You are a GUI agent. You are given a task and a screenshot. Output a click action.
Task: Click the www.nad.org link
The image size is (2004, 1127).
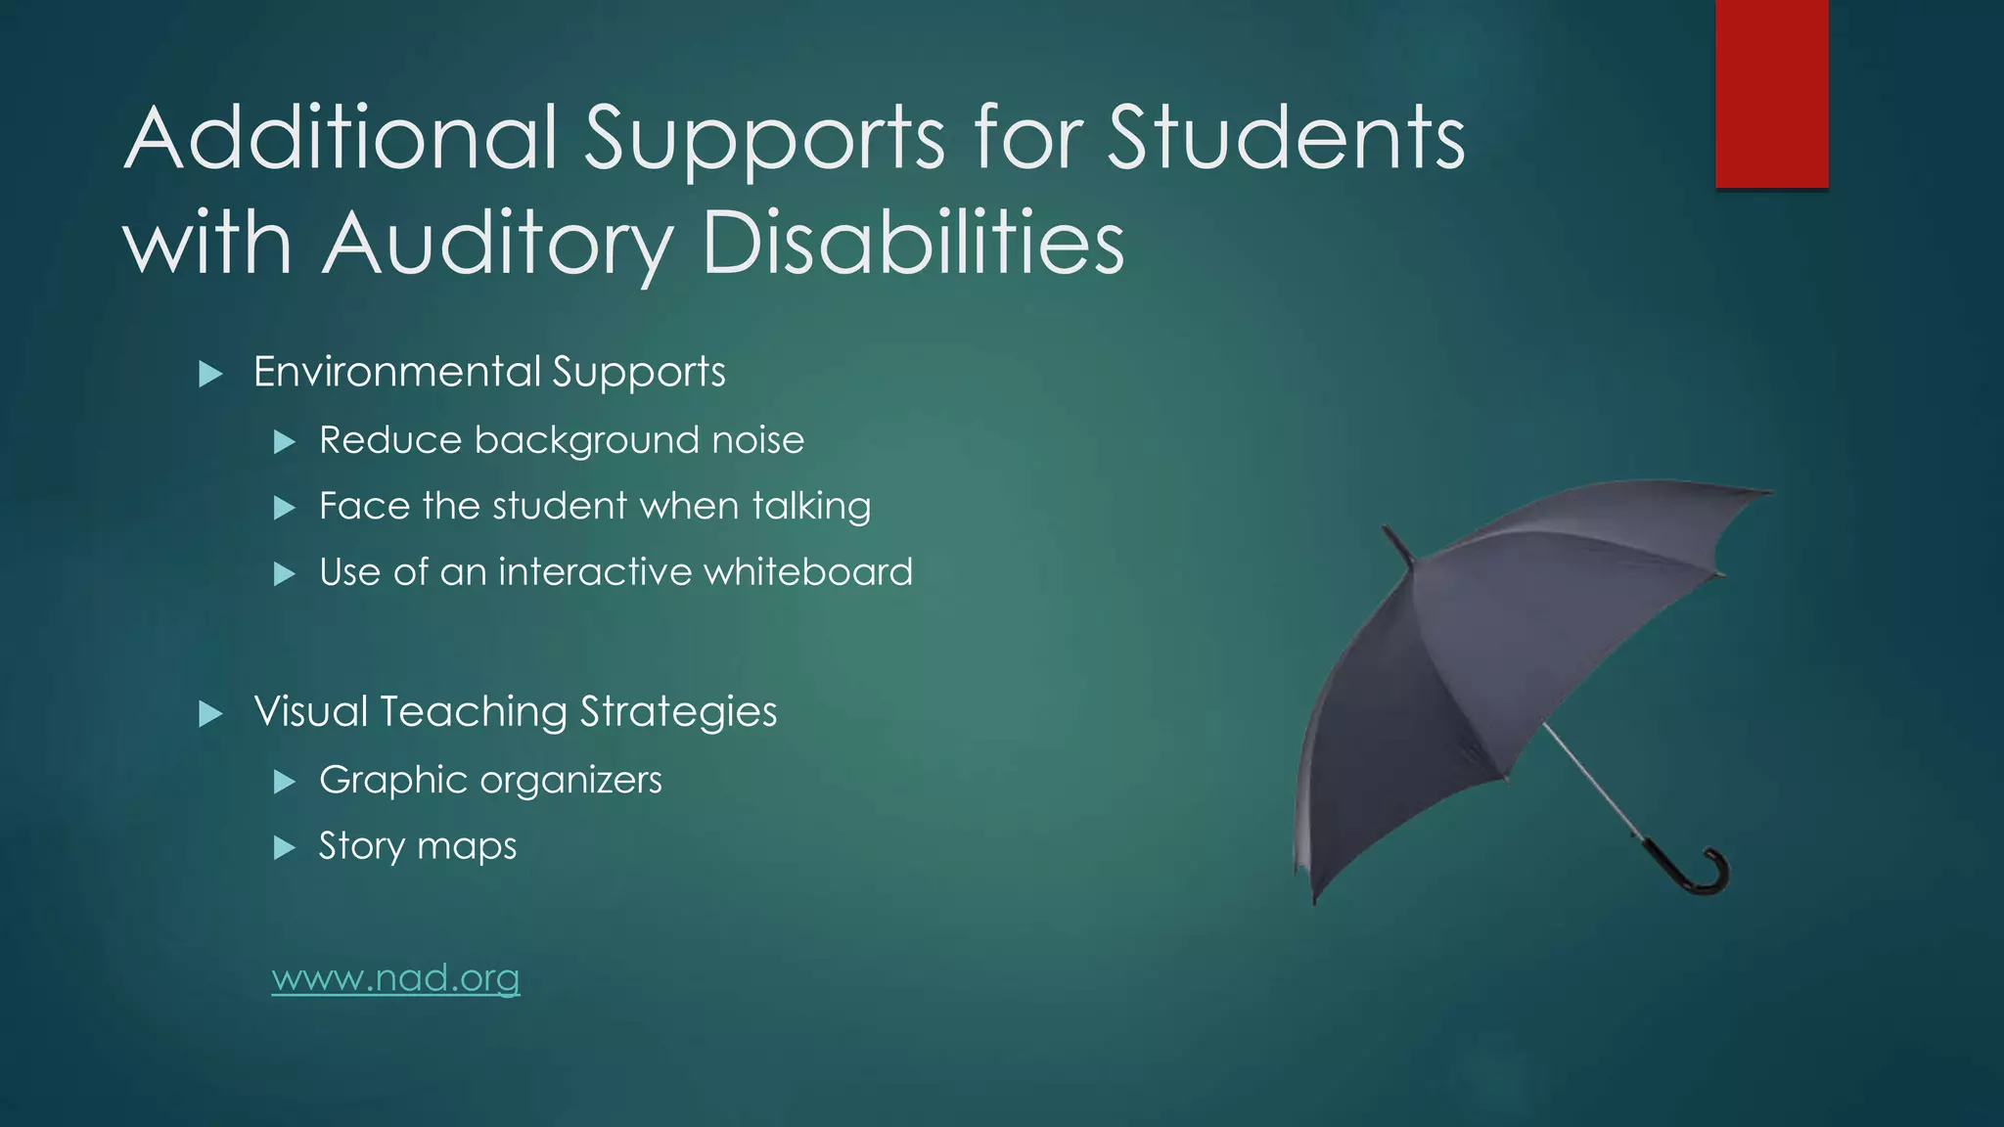point(395,977)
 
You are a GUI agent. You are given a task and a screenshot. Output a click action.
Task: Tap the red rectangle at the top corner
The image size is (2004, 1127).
point(1771,93)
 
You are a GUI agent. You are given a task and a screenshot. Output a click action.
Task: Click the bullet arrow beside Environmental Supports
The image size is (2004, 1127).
point(210,374)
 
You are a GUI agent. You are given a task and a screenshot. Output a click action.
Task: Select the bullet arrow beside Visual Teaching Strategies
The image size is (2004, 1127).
point(210,713)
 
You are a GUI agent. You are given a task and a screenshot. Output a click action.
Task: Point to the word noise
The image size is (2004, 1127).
point(757,440)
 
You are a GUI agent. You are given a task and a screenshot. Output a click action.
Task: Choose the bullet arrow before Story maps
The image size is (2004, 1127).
point(285,847)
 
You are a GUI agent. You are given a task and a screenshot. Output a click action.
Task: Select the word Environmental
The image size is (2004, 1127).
point(396,372)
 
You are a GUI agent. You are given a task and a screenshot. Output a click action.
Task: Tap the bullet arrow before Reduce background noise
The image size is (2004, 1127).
point(285,442)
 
